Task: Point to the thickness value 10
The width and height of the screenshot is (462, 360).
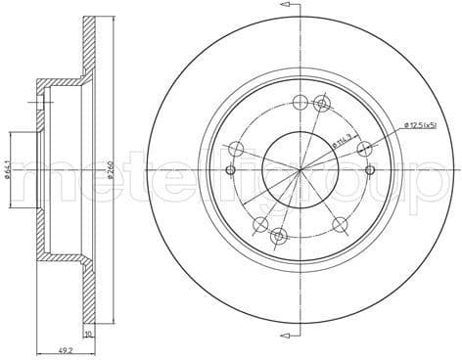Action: coord(89,333)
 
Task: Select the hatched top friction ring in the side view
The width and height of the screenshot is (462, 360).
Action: coord(89,49)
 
